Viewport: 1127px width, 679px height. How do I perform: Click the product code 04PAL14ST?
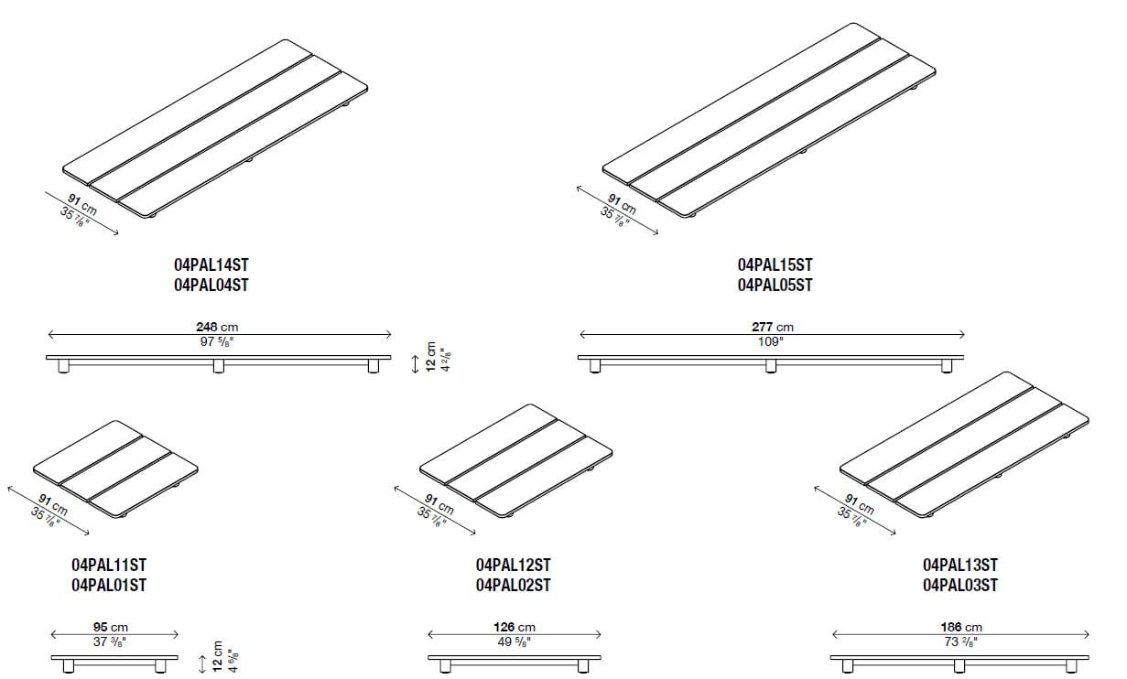point(211,264)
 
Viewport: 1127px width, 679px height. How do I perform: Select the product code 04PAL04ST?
point(211,285)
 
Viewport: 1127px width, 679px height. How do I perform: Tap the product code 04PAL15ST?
point(775,264)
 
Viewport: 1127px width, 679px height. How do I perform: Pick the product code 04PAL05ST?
point(775,285)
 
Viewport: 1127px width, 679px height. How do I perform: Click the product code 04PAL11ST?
point(108,566)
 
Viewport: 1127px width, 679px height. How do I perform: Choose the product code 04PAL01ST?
point(108,586)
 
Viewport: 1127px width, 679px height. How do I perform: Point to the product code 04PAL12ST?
point(513,566)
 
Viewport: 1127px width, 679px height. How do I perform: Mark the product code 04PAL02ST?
point(513,586)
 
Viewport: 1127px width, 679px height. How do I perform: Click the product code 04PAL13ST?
point(960,566)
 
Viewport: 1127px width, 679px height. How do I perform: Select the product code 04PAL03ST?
point(960,586)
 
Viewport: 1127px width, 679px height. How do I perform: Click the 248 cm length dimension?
point(217,327)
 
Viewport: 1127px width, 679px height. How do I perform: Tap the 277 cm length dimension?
point(773,327)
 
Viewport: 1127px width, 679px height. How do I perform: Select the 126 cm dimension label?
point(514,627)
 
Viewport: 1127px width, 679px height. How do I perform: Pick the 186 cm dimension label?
point(960,627)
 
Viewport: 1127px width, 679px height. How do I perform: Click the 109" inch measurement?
point(771,341)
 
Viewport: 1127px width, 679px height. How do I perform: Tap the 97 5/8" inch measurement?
point(218,341)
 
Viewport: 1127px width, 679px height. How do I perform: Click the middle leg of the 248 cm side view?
point(218,367)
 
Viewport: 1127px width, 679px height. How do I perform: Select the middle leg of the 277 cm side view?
point(771,367)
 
